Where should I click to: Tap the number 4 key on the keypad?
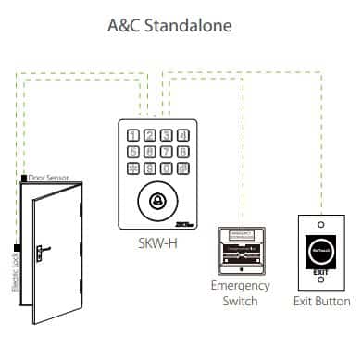point(133,152)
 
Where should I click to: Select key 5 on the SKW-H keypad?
point(150,152)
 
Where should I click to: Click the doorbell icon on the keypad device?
point(157,200)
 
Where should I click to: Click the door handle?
point(42,250)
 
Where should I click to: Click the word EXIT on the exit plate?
point(320,271)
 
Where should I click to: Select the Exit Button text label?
point(322,301)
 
